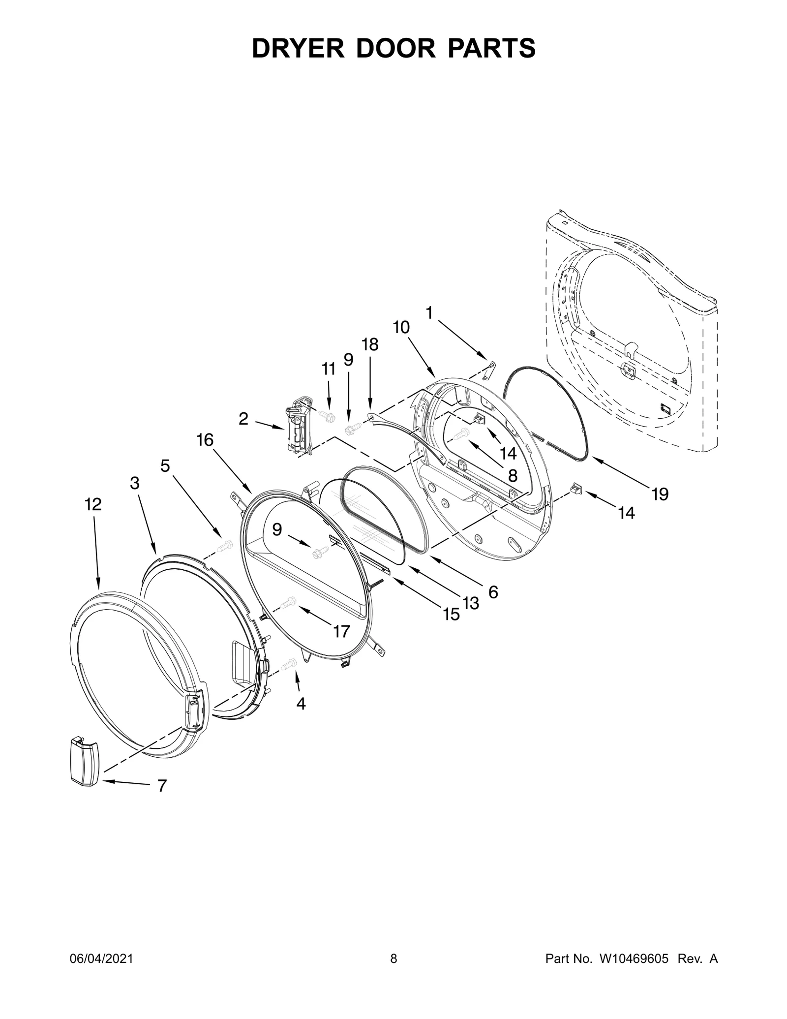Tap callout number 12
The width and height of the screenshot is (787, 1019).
click(x=93, y=504)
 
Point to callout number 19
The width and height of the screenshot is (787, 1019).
click(x=660, y=494)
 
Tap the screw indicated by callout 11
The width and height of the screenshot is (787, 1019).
click(x=327, y=416)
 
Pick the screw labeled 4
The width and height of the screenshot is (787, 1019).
click(x=289, y=665)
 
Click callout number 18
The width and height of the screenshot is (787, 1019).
click(x=370, y=345)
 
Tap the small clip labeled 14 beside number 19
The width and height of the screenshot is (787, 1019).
click(x=575, y=490)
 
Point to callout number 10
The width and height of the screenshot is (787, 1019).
click(x=401, y=327)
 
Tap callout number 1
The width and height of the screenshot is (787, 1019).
click(x=429, y=312)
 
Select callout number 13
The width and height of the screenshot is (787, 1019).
click(x=471, y=603)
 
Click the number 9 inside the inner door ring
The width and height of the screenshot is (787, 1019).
click(x=277, y=529)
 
